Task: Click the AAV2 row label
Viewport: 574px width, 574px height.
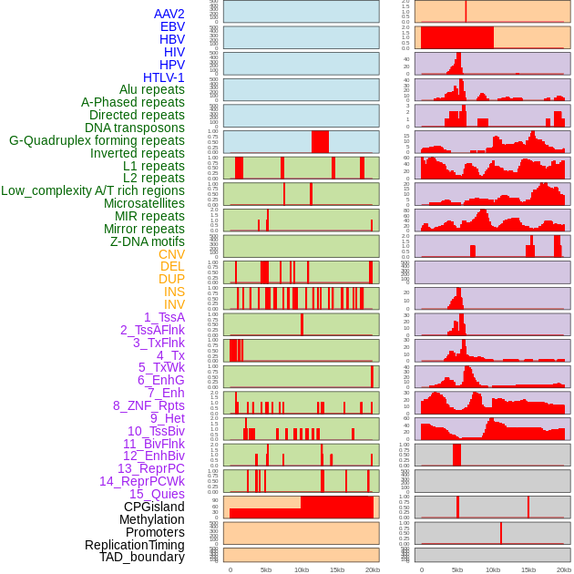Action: click(169, 14)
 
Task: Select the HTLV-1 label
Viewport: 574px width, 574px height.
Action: click(163, 77)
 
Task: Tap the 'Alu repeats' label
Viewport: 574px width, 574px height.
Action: click(151, 89)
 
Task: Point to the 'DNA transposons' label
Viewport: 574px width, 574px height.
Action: click(135, 128)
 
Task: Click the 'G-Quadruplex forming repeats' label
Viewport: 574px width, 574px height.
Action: click(97, 140)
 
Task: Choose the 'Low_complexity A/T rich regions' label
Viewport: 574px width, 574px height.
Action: click(92, 190)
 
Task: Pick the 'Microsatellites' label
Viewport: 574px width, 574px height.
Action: click(144, 203)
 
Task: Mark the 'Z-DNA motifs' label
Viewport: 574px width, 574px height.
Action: click(147, 241)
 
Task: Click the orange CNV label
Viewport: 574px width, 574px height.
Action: click(171, 254)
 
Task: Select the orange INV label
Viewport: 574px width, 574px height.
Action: click(174, 304)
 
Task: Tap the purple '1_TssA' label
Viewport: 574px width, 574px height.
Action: click(164, 317)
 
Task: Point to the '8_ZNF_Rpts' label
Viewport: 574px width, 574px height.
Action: click(149, 405)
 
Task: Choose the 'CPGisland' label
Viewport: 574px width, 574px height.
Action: click(154, 507)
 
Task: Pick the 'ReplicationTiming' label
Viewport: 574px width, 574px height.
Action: click(134, 545)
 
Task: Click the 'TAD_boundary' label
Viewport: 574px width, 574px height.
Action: click(141, 557)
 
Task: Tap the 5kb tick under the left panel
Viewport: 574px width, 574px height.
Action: click(266, 569)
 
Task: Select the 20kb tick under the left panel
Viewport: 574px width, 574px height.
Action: click(372, 569)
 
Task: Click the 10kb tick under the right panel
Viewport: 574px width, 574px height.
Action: click(493, 569)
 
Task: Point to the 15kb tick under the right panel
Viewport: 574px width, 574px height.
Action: click(528, 569)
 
